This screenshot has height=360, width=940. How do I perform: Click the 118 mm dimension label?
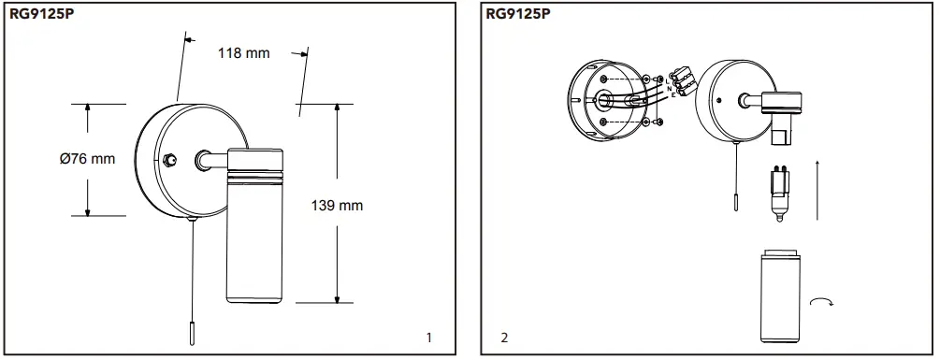243,53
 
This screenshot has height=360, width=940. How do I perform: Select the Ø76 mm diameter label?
87,159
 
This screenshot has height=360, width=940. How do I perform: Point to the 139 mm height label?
337,206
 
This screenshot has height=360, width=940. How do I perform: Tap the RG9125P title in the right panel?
518,14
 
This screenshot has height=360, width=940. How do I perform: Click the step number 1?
428,337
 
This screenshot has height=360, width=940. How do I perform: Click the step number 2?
505,337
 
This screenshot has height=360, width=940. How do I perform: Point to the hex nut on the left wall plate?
167,160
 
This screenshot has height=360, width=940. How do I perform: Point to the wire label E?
673,95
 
